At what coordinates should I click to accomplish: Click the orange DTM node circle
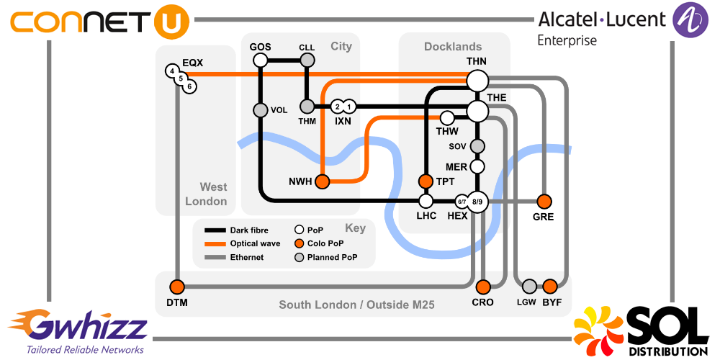click(x=177, y=285)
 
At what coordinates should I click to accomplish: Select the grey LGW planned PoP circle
click(x=530, y=285)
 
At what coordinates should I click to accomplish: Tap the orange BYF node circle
click(x=551, y=285)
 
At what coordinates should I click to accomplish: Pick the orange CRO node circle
click(x=483, y=285)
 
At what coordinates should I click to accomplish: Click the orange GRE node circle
click(x=544, y=201)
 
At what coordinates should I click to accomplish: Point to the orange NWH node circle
click(x=322, y=181)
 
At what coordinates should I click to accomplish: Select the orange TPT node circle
click(x=426, y=181)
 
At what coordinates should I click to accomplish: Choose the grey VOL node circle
click(x=261, y=110)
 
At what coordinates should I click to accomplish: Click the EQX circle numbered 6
click(x=189, y=86)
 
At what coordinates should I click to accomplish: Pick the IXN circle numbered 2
click(x=337, y=107)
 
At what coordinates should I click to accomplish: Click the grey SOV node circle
click(x=477, y=146)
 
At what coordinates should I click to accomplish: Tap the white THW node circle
click(x=447, y=117)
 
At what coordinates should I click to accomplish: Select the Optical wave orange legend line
click(x=215, y=244)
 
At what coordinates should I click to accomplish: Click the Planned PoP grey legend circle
click(x=299, y=257)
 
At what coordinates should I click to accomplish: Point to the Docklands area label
click(x=453, y=47)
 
